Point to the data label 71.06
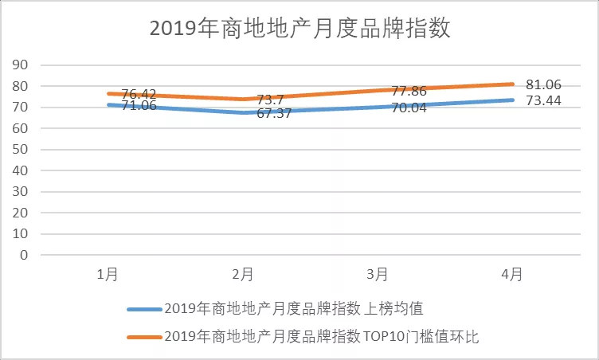point(139,107)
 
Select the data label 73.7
point(270,101)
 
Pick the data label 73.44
point(543,100)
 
